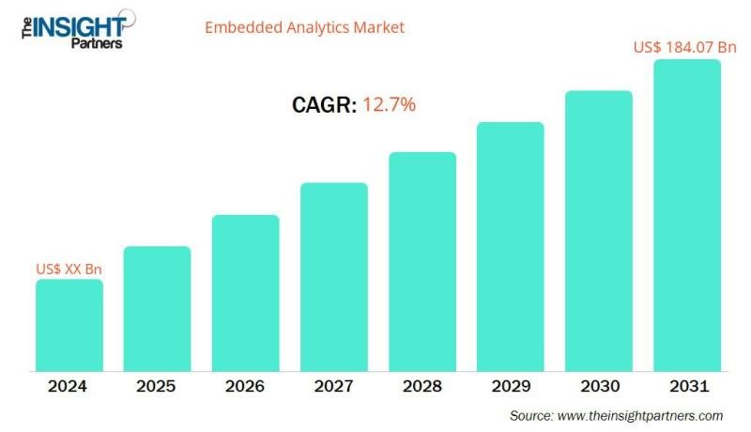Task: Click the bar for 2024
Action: coord(69,324)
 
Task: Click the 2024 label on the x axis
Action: coord(69,386)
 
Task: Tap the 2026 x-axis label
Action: coord(245,386)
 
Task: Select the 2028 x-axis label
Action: coord(422,386)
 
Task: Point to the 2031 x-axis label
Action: coord(687,386)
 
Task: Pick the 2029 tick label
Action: coord(511,386)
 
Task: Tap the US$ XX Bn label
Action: coord(69,269)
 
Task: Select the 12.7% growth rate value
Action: coord(389,105)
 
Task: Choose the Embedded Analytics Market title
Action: coord(304,27)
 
